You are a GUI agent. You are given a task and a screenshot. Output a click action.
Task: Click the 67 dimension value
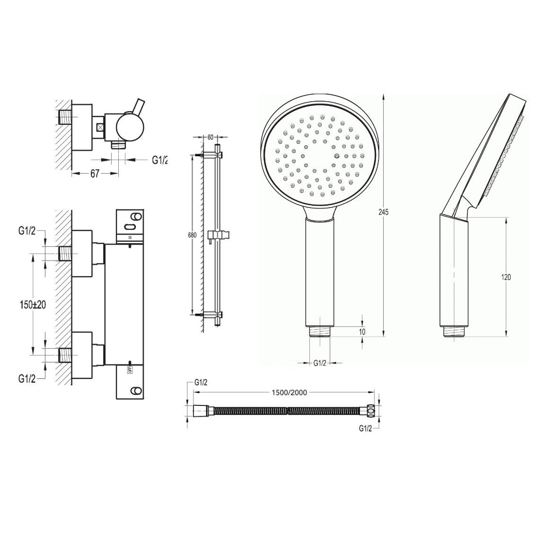click(95, 174)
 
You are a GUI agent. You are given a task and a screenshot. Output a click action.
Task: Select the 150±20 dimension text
click(32, 305)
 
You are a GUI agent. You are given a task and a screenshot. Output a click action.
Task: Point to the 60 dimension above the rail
click(211, 137)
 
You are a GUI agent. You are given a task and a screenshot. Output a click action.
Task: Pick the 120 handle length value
click(506, 277)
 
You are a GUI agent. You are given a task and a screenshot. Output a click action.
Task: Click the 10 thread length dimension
click(362, 332)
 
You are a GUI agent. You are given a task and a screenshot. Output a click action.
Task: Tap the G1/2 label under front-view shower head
click(320, 363)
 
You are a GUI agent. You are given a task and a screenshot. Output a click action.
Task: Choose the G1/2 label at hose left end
click(202, 383)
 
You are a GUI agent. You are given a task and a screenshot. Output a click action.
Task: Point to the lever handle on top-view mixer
click(140, 106)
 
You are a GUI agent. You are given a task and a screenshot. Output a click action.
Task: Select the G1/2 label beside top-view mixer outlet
click(160, 160)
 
